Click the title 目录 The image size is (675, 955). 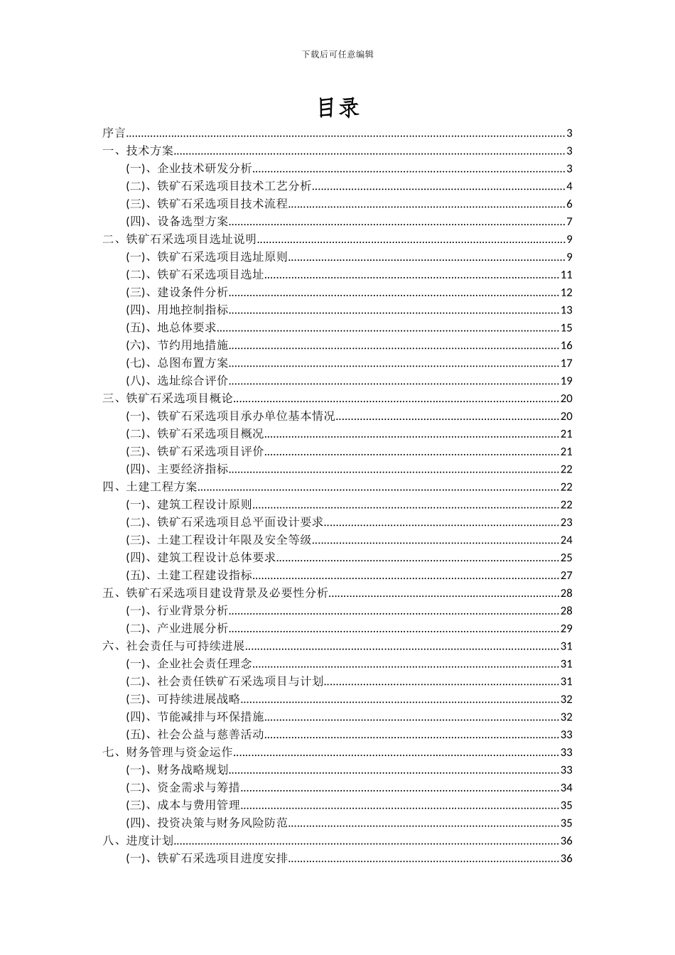(x=337, y=107)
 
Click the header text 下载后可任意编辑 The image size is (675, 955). (x=337, y=54)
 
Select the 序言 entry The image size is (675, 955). (x=114, y=133)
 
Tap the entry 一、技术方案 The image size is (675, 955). (x=138, y=151)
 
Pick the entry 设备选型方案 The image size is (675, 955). (x=193, y=222)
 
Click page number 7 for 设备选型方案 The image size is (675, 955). (x=569, y=222)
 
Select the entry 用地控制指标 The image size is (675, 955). (x=193, y=310)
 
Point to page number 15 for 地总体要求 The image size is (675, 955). (x=566, y=328)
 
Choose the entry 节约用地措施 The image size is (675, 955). (x=193, y=345)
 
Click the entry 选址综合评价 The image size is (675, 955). (x=193, y=381)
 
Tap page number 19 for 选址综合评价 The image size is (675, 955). (x=566, y=381)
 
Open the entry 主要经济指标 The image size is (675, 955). (x=193, y=469)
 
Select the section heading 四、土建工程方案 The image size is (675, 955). (x=150, y=487)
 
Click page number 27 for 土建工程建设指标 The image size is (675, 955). (x=566, y=576)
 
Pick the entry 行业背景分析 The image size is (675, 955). (x=193, y=610)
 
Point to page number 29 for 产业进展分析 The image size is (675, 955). (x=566, y=628)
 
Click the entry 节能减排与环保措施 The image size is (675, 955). (x=210, y=717)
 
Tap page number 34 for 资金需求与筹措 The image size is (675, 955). (x=566, y=787)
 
